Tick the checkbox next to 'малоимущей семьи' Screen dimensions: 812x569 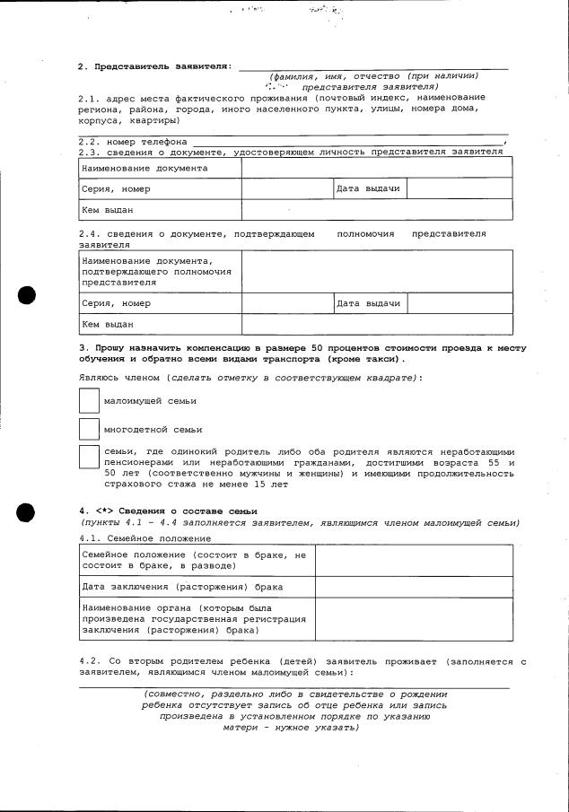90,399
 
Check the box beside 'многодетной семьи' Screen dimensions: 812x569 90,429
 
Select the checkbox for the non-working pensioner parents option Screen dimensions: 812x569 90,457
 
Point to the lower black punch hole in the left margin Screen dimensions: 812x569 27,512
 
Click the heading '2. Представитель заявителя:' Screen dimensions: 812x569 155,66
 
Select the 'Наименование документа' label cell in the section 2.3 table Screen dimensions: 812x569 144,168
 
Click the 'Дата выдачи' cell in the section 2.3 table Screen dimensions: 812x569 368,189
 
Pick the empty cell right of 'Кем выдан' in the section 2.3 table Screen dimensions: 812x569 377,210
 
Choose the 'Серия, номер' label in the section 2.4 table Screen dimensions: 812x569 117,303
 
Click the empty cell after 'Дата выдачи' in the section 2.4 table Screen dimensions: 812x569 460,303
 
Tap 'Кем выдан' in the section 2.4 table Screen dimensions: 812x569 108,324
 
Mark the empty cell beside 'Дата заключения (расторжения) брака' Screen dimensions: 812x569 414,587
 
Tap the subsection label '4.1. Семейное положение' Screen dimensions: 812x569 145,538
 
